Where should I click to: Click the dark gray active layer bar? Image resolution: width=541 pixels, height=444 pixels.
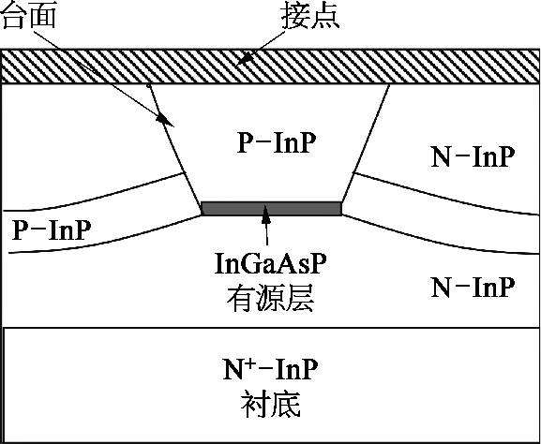pyautogui.click(x=272, y=209)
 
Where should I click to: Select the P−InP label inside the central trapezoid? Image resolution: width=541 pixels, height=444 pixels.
pyautogui.click(x=277, y=143)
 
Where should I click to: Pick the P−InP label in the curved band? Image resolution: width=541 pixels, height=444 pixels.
pyautogui.click(x=52, y=229)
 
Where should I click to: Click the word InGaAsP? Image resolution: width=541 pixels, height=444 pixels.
pyautogui.click(x=270, y=265)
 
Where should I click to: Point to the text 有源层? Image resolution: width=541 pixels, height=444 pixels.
pyautogui.click(x=270, y=299)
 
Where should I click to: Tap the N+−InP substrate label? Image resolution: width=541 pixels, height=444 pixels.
pyautogui.click(x=270, y=369)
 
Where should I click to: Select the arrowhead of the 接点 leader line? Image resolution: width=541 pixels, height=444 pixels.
pyautogui.click(x=245, y=60)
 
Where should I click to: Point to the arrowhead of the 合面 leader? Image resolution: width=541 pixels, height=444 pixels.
pyautogui.click(x=165, y=121)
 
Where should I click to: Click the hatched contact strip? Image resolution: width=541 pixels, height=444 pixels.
pyautogui.click(x=270, y=67)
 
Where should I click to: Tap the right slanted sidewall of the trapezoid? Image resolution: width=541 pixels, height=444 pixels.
pyautogui.click(x=366, y=143)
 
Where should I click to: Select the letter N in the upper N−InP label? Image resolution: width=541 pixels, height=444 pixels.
pyautogui.click(x=441, y=157)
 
